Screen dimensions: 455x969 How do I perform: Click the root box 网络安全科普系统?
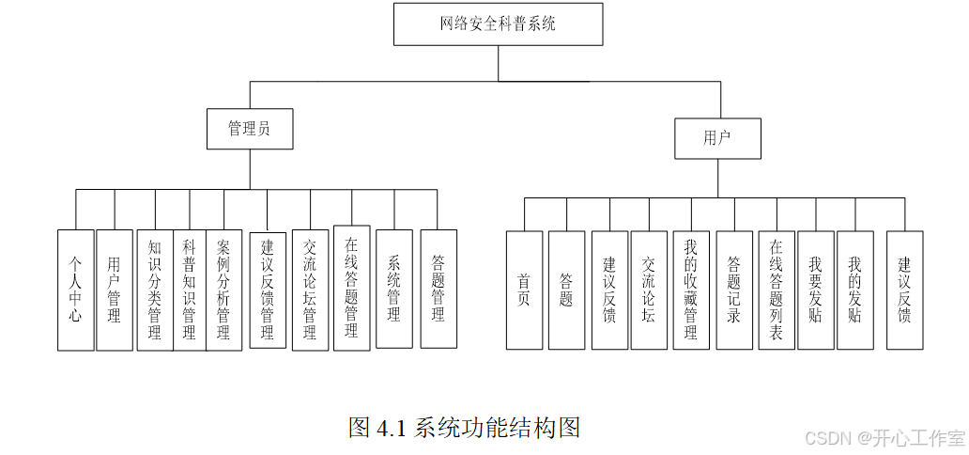(498, 24)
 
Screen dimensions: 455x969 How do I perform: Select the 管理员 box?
(249, 129)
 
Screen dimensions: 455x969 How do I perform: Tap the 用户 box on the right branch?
(717, 138)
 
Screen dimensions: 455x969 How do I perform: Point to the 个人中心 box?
(75, 290)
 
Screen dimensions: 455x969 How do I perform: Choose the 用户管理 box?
(115, 290)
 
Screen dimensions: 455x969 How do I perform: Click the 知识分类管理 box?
(155, 290)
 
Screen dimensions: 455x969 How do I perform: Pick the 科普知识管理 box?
(189, 290)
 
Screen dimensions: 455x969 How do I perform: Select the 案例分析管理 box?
(223, 290)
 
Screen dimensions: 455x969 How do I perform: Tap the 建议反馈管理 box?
(268, 290)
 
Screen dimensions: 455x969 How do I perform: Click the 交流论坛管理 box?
(310, 290)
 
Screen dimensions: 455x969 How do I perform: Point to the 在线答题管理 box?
(351, 288)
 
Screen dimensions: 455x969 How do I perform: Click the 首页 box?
(524, 290)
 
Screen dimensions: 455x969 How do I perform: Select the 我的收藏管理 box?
(691, 290)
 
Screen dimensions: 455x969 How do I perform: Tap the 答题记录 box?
(734, 290)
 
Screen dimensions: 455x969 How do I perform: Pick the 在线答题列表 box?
(777, 290)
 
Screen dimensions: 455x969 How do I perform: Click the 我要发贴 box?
(815, 290)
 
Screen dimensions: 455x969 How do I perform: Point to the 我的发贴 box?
(854, 290)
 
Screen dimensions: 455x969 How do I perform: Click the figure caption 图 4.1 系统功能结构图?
(465, 428)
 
